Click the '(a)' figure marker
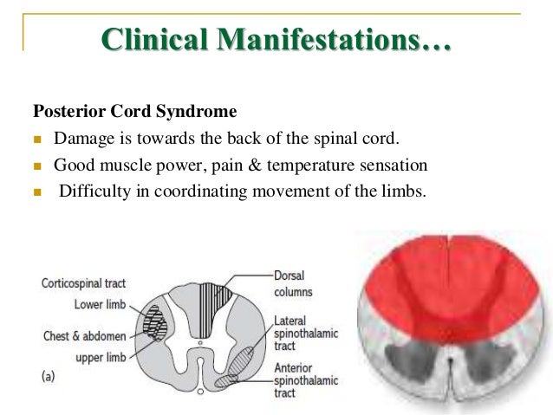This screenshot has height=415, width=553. pyautogui.click(x=49, y=378)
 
